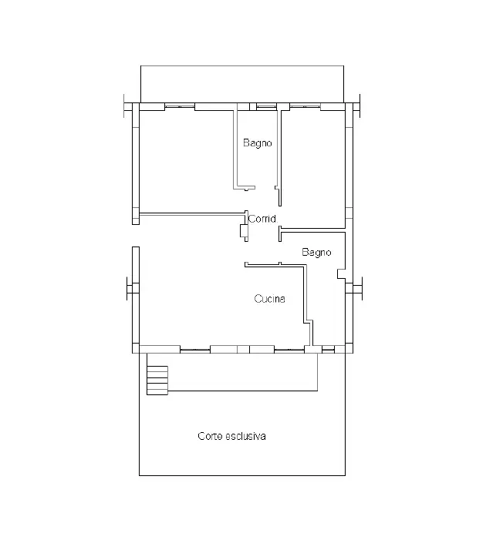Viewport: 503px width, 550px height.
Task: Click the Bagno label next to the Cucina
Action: pyautogui.click(x=316, y=253)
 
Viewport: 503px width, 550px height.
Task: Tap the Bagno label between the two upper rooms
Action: pyautogui.click(x=258, y=143)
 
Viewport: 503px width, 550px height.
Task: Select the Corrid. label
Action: pyautogui.click(x=263, y=219)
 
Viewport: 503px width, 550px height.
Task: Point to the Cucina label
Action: pyautogui.click(x=269, y=299)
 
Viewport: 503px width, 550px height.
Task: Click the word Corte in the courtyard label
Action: pyautogui.click(x=210, y=436)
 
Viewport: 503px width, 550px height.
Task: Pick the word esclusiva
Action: pyautogui.click(x=245, y=436)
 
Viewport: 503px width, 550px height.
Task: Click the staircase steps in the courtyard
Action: pyautogui.click(x=157, y=381)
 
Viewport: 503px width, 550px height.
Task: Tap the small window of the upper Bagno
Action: pyautogui.click(x=266, y=106)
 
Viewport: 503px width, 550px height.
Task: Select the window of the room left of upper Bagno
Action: pyautogui.click(x=180, y=106)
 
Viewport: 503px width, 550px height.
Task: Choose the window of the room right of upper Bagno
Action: pyautogui.click(x=305, y=106)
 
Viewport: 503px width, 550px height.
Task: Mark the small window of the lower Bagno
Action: pyautogui.click(x=328, y=349)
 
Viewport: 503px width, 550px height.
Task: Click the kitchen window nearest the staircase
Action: pyautogui.click(x=195, y=350)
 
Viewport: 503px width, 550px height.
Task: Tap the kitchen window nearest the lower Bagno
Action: pyautogui.click(x=289, y=350)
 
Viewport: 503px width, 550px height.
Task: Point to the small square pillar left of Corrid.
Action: pyautogui.click(x=244, y=231)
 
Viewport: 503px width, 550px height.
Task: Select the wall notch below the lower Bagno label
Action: pyautogui.click(x=341, y=274)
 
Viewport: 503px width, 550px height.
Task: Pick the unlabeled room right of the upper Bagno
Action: pyautogui.click(x=312, y=169)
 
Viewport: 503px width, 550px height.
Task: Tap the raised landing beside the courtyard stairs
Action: pyautogui.click(x=243, y=372)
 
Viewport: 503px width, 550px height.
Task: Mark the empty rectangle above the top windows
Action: pyautogui.click(x=242, y=84)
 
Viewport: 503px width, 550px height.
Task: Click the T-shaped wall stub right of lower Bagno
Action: pyautogui.click(x=358, y=288)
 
